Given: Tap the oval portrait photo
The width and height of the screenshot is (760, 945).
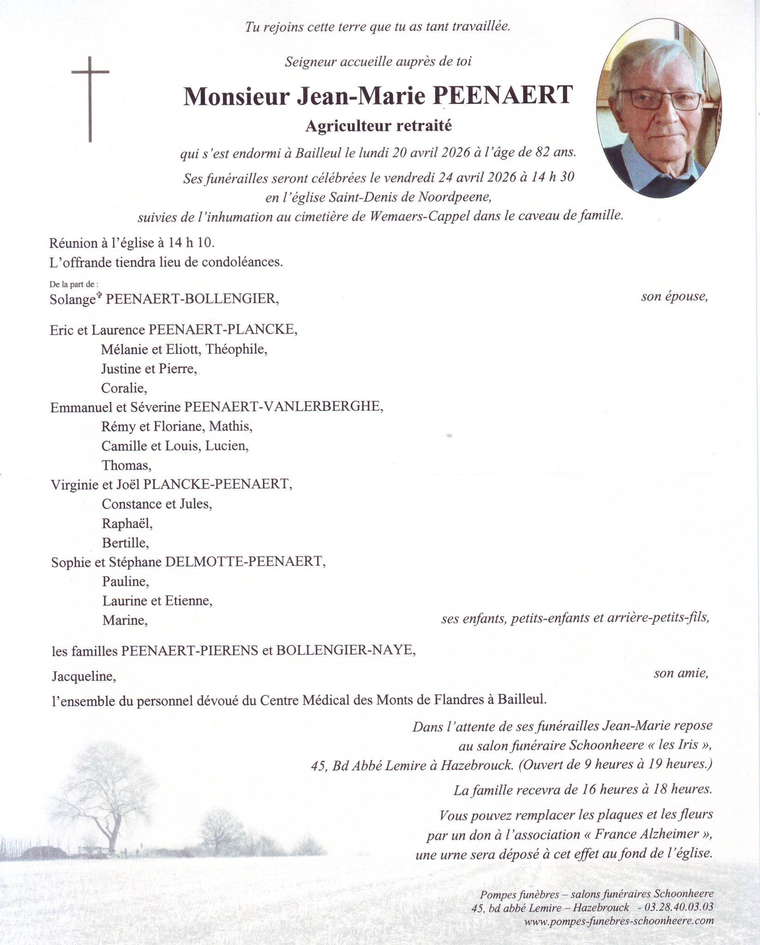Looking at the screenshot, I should pyautogui.click(x=658, y=109).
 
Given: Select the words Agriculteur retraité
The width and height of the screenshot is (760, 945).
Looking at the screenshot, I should pyautogui.click(x=378, y=126).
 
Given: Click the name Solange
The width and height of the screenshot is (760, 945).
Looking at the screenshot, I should pyautogui.click(x=73, y=299).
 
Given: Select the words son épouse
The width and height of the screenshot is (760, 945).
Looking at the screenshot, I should pyautogui.click(x=674, y=297).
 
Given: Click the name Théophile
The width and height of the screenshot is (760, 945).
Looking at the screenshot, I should pyautogui.click(x=237, y=349).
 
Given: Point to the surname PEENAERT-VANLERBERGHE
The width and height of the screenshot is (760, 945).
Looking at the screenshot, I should pyautogui.click(x=283, y=407).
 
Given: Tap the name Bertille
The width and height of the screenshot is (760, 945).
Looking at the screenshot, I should pyautogui.click(x=126, y=543).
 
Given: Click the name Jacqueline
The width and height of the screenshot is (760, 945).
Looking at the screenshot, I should pyautogui.click(x=84, y=676).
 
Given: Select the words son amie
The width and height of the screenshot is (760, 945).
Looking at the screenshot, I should pyautogui.click(x=681, y=674).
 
